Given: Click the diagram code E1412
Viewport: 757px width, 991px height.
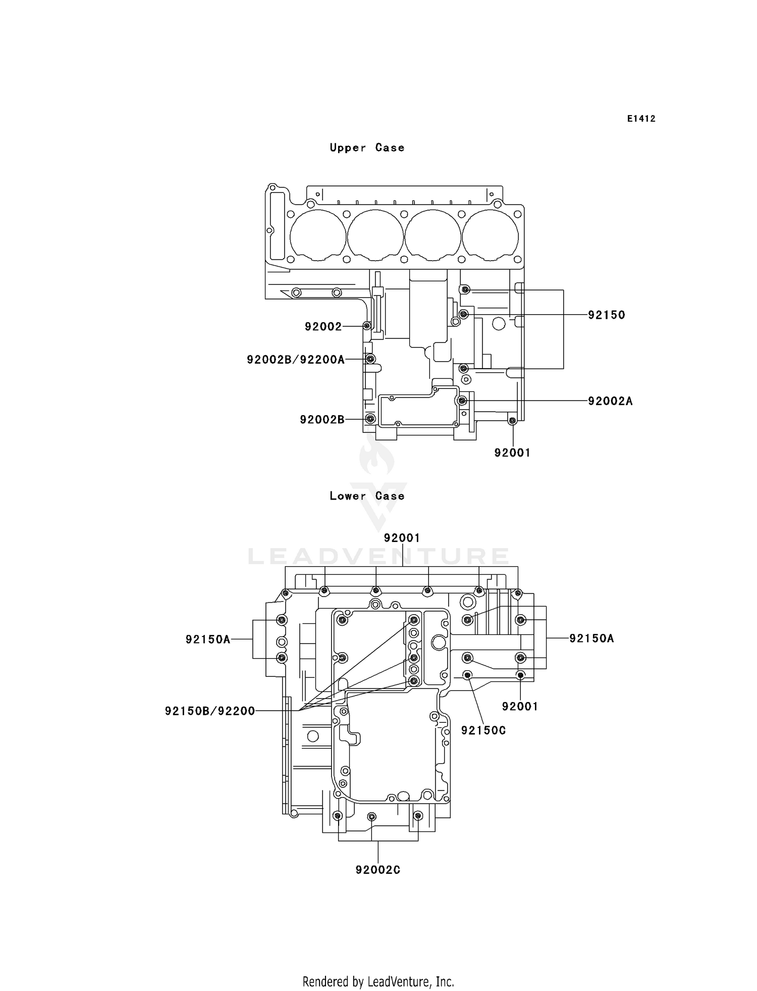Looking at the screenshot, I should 641,119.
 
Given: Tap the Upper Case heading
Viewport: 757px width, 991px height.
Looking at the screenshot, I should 367,148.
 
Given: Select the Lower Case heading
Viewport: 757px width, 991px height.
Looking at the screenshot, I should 367,496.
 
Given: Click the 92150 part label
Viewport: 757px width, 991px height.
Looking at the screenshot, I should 607,315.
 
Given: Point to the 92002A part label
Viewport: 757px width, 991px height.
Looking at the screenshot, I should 610,401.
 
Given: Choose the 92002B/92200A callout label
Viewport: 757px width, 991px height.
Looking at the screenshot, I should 296,360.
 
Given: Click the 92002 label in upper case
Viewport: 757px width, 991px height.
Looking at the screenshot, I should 323,327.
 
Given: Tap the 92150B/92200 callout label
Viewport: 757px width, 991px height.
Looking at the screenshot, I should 210,712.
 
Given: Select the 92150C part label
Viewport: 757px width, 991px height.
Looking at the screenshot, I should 483,730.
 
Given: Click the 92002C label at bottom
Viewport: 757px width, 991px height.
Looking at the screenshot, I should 378,870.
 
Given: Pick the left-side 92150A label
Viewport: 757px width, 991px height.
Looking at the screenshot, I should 208,639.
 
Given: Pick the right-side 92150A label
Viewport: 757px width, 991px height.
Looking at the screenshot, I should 591,638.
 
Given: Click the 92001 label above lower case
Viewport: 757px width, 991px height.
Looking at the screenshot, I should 402,538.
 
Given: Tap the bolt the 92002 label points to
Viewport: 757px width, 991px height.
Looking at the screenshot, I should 367,326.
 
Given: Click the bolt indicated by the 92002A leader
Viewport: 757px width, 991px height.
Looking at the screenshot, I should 462,401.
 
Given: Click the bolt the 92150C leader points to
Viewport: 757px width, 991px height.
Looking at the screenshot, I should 468,675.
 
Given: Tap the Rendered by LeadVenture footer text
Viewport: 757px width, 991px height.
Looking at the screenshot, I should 378,981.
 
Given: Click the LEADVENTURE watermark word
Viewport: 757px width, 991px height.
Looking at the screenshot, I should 378,557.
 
